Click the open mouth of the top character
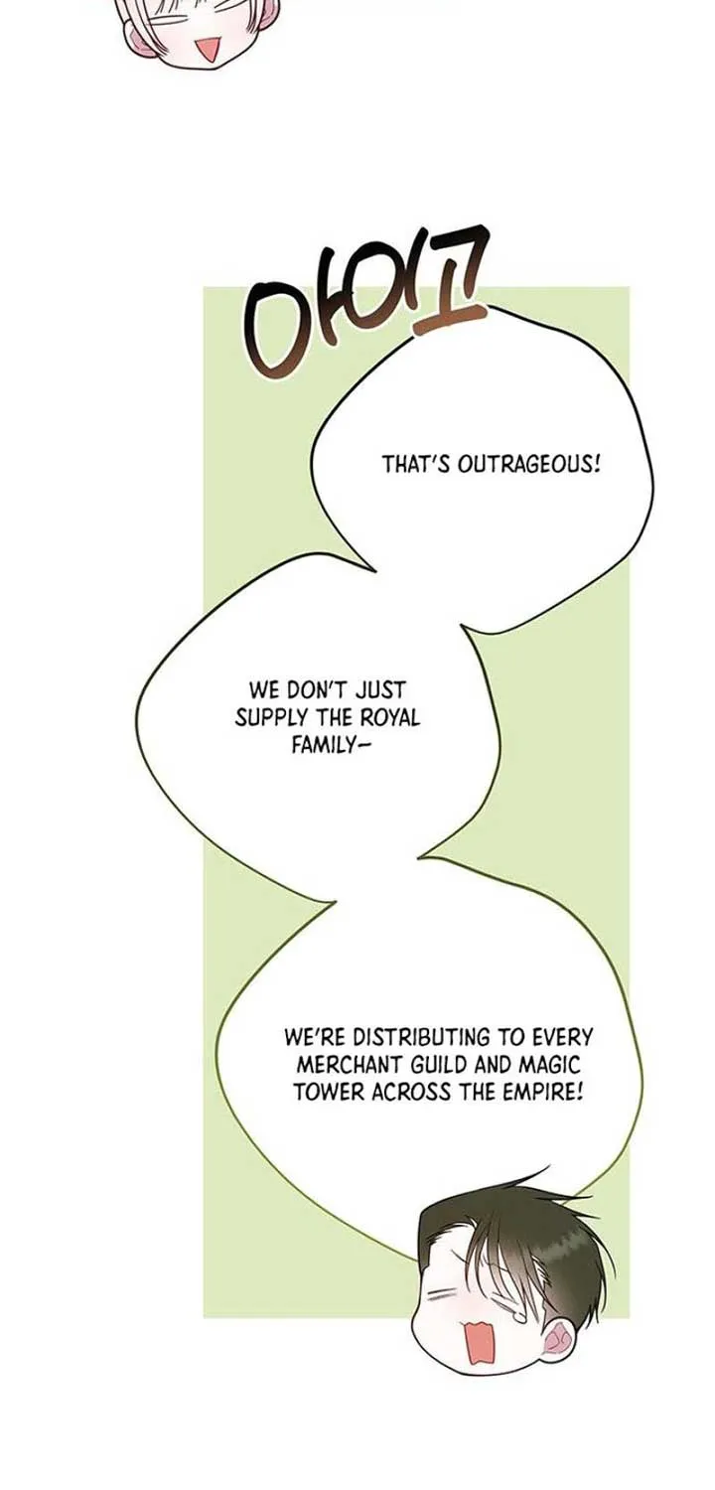[x=209, y=51]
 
